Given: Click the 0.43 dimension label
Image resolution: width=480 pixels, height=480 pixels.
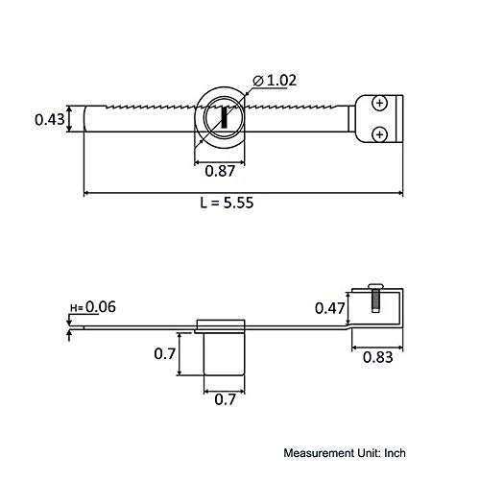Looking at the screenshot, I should pyautogui.click(x=48, y=120).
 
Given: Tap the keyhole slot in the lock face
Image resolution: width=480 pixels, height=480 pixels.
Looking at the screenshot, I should pyautogui.click(x=223, y=118).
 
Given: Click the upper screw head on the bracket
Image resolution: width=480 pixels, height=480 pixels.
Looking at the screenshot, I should pyautogui.click(x=381, y=103).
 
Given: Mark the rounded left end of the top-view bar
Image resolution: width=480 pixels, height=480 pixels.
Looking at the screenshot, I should pyautogui.click(x=88, y=121).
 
